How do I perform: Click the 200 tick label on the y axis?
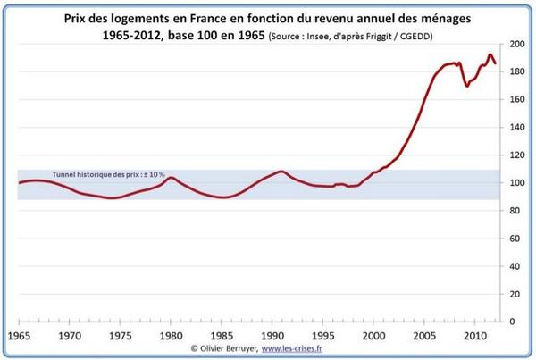pyautogui.click(x=517, y=44)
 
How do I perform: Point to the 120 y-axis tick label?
pyautogui.click(x=517, y=155)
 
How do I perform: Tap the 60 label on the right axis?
pyautogui.click(x=515, y=239)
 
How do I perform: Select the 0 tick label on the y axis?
pyautogui.click(x=512, y=322)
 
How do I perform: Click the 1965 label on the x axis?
pyautogui.click(x=19, y=336)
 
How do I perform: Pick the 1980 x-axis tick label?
pyautogui.click(x=171, y=336)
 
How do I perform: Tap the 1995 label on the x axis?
pyautogui.click(x=323, y=336)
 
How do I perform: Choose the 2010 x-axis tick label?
pyautogui.click(x=475, y=336)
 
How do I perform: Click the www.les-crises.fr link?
pyautogui.click(x=291, y=348)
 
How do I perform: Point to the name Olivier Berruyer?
pyautogui.click(x=229, y=348)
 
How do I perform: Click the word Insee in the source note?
pyautogui.click(x=315, y=37)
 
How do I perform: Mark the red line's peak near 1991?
pyautogui.click(x=281, y=172)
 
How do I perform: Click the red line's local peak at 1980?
pyautogui.click(x=172, y=178)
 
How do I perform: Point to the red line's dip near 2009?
pyautogui.click(x=467, y=86)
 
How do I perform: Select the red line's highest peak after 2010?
pyautogui.click(x=490, y=54)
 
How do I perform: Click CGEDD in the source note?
pyautogui.click(x=415, y=37)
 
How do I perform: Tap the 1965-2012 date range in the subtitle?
pyautogui.click(x=132, y=35)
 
